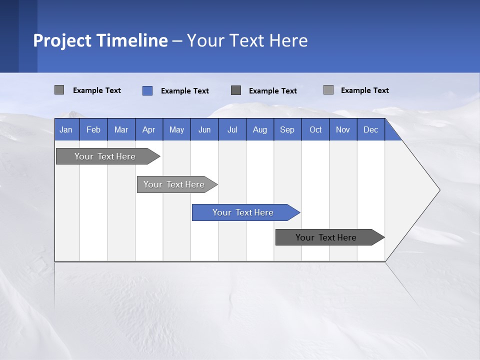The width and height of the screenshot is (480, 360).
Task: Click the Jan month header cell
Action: click(66, 129)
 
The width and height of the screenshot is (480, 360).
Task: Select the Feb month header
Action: click(93, 129)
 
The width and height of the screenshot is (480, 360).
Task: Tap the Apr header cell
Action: click(149, 129)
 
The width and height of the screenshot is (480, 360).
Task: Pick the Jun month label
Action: click(204, 129)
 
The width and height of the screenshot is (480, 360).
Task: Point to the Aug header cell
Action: click(260, 129)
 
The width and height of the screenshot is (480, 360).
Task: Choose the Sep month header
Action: click(287, 129)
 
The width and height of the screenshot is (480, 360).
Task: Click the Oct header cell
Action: click(315, 129)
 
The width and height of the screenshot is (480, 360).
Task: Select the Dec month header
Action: click(371, 129)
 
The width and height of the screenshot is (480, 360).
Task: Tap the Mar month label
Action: click(121, 129)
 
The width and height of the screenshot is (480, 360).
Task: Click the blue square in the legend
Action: click(147, 90)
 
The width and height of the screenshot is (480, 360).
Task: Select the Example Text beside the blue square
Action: click(185, 91)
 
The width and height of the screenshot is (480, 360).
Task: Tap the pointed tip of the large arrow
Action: click(438, 190)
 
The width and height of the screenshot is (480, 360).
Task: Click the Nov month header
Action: click(343, 129)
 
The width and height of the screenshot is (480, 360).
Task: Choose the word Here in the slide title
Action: click(288, 40)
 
